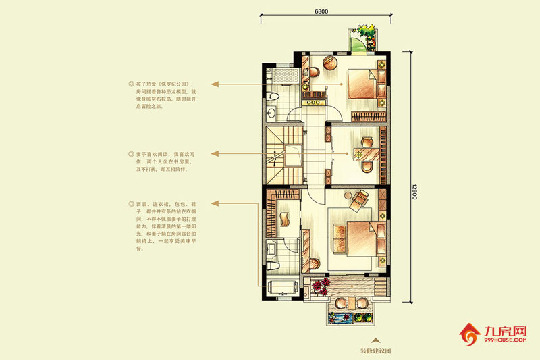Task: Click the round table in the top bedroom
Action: click(x=330, y=62)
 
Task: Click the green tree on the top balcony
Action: click(x=369, y=32)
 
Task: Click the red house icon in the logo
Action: click(x=470, y=333)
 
